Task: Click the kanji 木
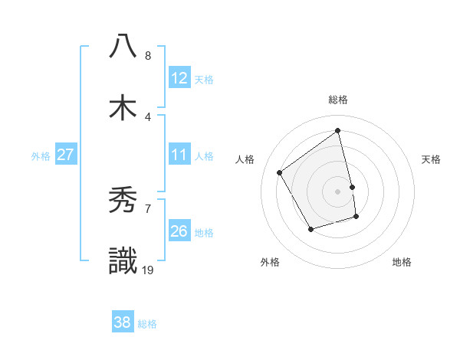click(x=123, y=108)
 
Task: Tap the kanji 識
click(x=123, y=261)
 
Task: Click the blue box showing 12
click(x=179, y=78)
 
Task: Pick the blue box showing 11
click(x=179, y=155)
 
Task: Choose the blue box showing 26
click(x=179, y=231)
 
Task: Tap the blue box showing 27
click(x=66, y=155)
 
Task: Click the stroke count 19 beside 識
click(x=148, y=270)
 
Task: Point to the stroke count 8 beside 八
click(x=147, y=56)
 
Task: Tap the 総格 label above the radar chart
click(x=338, y=100)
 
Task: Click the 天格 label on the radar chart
click(x=431, y=159)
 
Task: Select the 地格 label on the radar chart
click(x=402, y=262)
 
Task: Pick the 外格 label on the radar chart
click(x=270, y=262)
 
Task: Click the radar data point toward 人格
click(x=280, y=172)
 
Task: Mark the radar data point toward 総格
click(x=338, y=131)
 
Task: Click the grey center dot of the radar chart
click(x=338, y=191)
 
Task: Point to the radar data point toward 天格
click(x=352, y=187)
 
